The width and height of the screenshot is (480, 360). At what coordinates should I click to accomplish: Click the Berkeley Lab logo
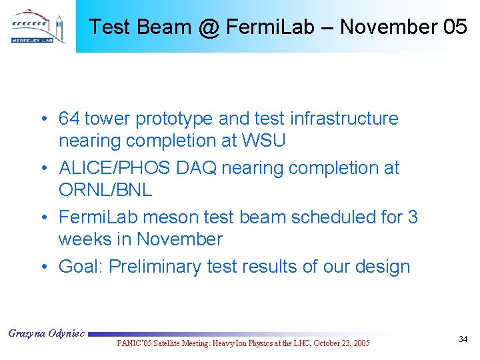[x=38, y=27]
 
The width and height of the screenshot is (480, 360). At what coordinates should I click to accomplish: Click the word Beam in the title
[x=161, y=27]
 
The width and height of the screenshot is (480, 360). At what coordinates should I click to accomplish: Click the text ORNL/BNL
[x=105, y=190]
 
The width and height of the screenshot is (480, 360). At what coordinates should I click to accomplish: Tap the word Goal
[x=80, y=267]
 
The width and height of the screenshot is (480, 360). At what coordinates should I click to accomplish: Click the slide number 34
[x=463, y=340]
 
